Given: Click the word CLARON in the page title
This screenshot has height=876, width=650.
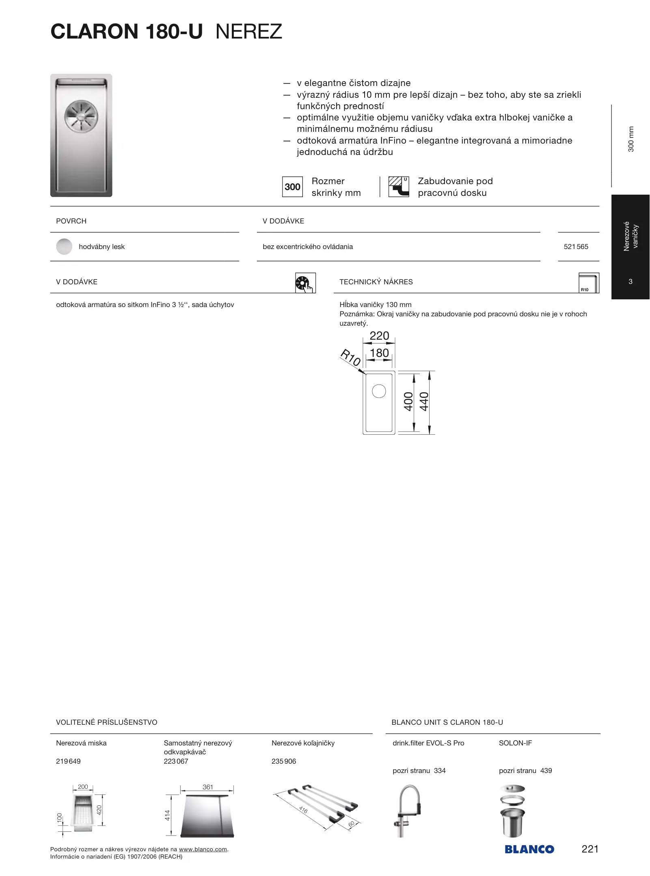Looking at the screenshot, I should click(x=94, y=32).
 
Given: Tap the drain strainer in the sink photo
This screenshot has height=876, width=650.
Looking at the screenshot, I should click(x=82, y=116).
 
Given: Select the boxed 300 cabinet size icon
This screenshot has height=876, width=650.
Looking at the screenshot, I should click(x=292, y=187).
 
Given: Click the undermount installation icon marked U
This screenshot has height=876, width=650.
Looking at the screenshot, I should click(x=399, y=187).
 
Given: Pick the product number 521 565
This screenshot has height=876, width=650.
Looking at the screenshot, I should click(x=576, y=247).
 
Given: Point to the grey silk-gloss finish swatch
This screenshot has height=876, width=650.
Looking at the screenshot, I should click(x=64, y=247).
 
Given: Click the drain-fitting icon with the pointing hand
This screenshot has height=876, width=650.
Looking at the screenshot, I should click(x=305, y=283).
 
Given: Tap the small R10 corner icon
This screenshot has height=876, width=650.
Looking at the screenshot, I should click(x=588, y=283).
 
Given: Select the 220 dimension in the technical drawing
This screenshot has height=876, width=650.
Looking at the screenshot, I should click(x=379, y=336).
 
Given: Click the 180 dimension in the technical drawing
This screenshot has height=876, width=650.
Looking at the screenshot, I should click(x=379, y=353).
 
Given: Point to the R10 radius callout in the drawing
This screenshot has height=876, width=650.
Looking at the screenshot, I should click(x=350, y=357).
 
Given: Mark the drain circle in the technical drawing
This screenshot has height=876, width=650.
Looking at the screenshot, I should click(x=379, y=391).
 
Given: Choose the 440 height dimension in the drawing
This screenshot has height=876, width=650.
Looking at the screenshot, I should click(x=424, y=401).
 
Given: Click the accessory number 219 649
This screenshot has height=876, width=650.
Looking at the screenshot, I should click(x=68, y=761).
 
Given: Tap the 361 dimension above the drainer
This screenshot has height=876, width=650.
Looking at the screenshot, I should click(x=207, y=787).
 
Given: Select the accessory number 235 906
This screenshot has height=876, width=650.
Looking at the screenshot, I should click(x=284, y=761).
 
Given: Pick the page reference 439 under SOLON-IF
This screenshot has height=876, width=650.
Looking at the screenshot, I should click(x=546, y=771).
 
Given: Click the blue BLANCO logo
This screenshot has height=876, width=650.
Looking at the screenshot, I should click(x=529, y=849).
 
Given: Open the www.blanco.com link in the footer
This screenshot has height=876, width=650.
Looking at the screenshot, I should click(x=203, y=849).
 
